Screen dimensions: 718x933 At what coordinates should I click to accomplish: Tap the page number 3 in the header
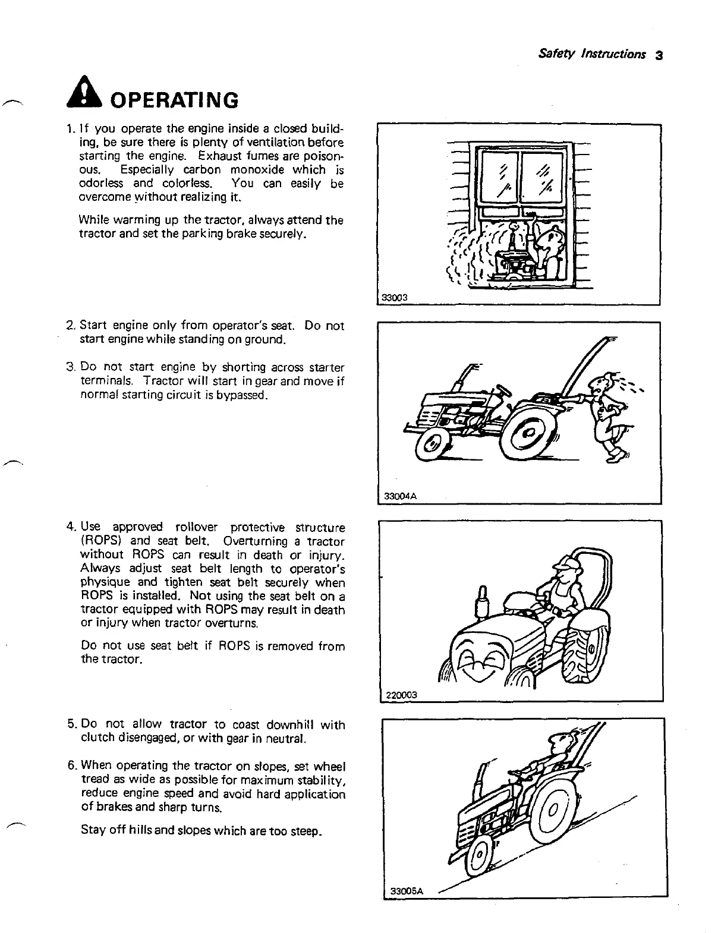point(658,55)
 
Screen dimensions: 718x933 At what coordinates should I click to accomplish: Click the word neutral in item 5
point(284,739)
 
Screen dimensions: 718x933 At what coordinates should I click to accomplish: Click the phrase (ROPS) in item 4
point(99,541)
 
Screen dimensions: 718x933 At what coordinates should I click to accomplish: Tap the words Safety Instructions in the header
point(591,54)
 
